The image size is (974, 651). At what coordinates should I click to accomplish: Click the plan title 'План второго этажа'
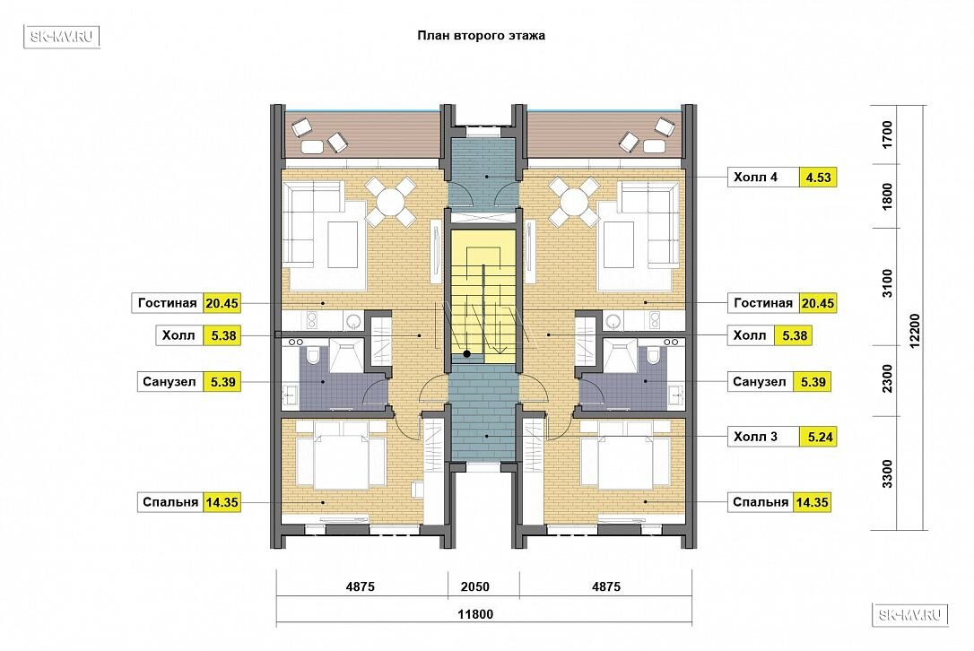pos(481,35)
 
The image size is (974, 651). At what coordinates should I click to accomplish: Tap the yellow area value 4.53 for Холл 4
pos(818,178)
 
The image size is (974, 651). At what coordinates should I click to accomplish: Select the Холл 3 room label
pos(755,437)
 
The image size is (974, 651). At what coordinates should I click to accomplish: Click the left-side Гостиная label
pos(167,303)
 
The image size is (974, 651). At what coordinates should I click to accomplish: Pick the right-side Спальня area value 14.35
pos(812,502)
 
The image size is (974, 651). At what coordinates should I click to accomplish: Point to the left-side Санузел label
pos(169,382)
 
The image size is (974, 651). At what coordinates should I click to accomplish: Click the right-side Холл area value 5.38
pos(795,335)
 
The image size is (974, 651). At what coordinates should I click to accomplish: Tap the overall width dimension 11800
pos(475,614)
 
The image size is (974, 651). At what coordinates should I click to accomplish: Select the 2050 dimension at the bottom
pos(475,586)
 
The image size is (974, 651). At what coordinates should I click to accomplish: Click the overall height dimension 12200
pos(915,331)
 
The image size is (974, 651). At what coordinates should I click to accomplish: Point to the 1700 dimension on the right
pos(887,135)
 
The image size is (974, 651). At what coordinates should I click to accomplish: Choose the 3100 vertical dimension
pos(887,283)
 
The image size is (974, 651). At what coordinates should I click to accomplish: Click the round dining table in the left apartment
pos(391,201)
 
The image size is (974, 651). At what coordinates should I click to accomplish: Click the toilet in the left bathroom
pos(312,355)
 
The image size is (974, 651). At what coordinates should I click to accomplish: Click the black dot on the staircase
pos(466,355)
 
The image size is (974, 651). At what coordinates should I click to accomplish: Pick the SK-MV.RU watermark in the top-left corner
pos(62,37)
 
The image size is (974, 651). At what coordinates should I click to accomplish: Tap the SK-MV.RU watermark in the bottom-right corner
pos(910,615)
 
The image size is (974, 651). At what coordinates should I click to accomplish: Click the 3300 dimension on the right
pos(887,473)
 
